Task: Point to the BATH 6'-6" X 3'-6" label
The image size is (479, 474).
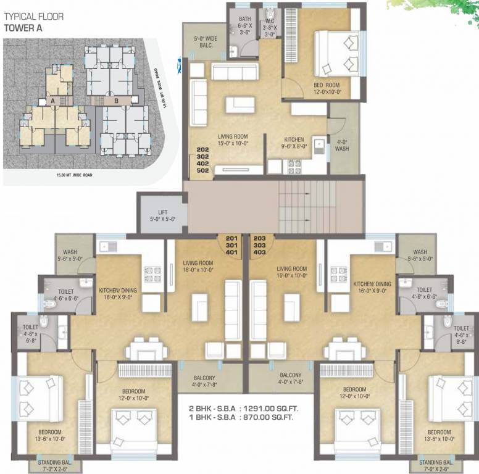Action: tap(245, 26)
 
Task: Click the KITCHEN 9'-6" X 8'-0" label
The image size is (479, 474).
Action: tap(292, 144)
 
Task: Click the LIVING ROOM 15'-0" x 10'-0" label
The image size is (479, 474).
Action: tap(232, 141)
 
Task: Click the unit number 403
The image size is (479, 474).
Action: tap(259, 252)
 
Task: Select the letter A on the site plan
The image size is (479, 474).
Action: tap(54, 100)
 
